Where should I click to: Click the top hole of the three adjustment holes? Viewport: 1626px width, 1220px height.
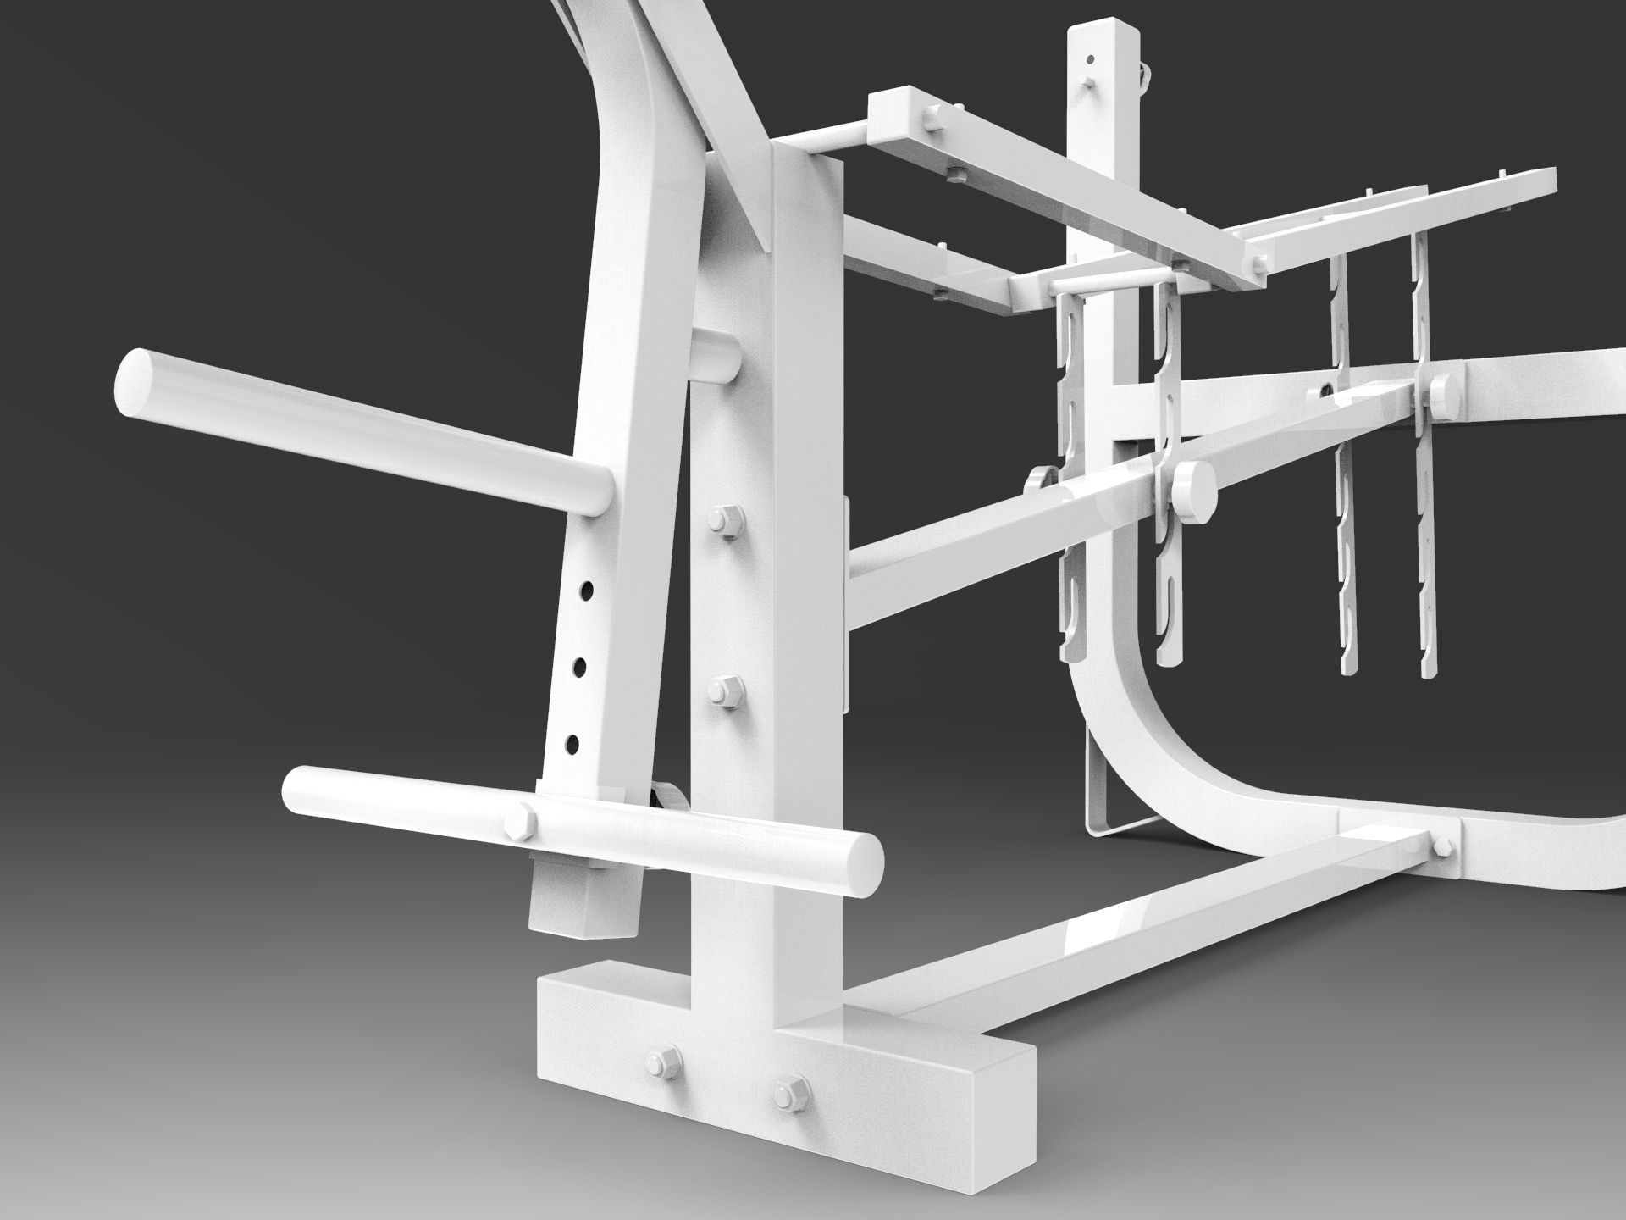pos(584,589)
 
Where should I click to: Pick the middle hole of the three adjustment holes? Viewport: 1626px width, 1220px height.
pos(578,668)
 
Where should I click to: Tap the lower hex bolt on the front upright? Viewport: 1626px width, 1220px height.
pos(722,691)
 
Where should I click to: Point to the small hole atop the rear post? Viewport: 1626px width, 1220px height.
pos(1091,59)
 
